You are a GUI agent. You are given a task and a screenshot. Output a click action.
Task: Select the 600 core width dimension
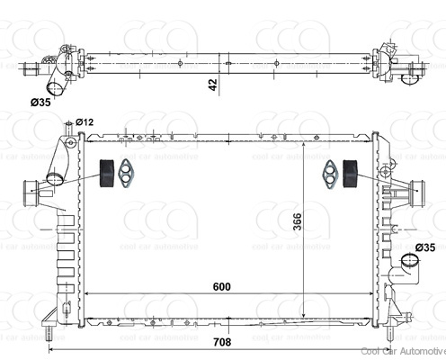tap(222, 287)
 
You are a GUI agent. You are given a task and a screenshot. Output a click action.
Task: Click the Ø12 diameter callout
tap(85, 121)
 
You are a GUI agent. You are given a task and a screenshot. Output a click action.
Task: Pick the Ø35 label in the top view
tap(40, 103)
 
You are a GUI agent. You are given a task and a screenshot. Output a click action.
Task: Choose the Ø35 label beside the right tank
tap(424, 247)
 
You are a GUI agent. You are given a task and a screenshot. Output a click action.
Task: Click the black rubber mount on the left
tap(105, 174)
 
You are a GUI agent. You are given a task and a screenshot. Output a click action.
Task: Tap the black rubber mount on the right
tap(348, 174)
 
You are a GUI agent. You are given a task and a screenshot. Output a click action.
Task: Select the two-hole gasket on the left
tap(129, 174)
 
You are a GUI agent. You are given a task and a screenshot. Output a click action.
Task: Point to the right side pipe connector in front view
tap(415, 190)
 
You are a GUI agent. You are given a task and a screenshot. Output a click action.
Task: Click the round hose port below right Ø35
tap(411, 265)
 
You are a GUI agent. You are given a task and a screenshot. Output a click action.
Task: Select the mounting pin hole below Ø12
tap(68, 140)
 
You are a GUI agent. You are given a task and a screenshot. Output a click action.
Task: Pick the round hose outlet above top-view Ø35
tap(53, 87)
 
